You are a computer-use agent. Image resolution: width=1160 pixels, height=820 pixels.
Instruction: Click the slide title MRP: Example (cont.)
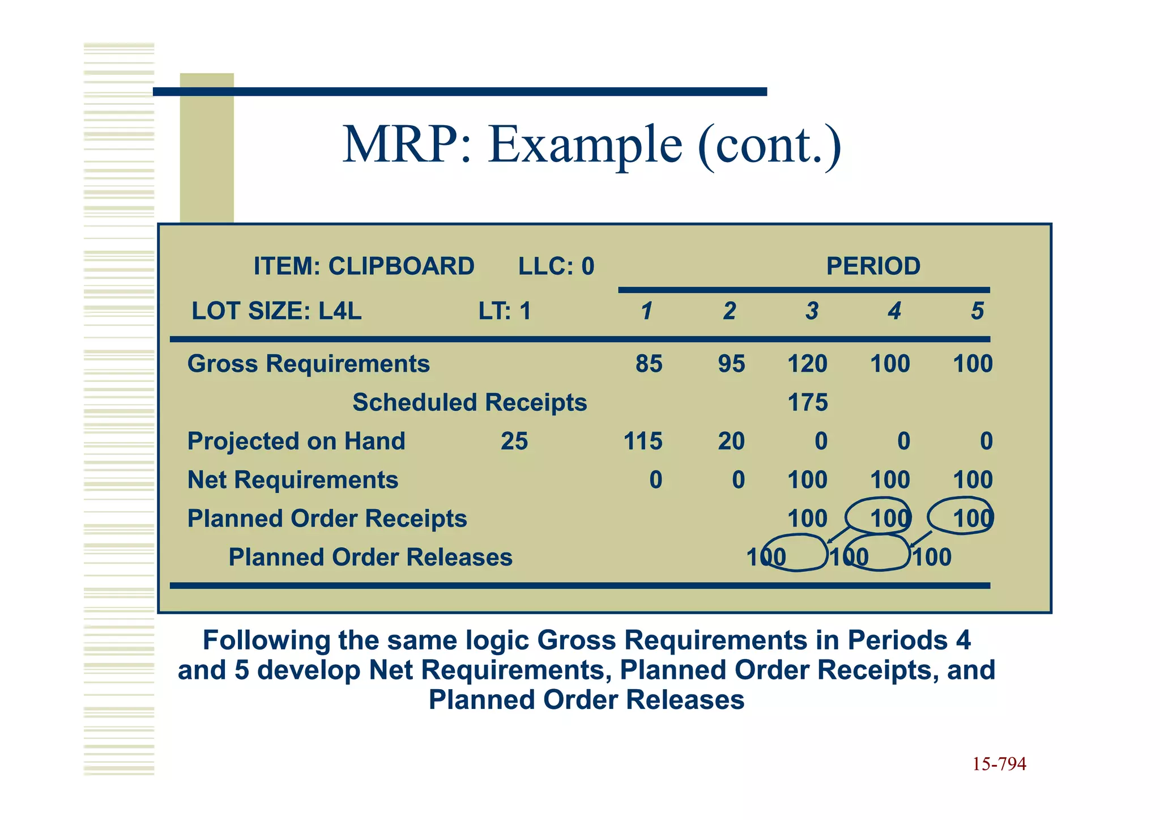tap(592, 145)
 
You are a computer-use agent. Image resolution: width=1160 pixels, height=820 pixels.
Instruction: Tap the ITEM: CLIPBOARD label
tap(364, 266)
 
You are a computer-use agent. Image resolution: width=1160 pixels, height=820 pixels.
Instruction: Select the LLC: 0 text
tap(556, 266)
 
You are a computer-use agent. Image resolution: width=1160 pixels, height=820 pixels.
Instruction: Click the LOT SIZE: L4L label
tap(276, 311)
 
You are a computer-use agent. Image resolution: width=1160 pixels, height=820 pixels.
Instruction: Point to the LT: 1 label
tap(505, 311)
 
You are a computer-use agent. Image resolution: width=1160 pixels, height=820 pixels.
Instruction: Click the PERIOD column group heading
tap(873, 266)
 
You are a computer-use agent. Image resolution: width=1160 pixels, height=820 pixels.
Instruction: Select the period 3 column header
tap(812, 311)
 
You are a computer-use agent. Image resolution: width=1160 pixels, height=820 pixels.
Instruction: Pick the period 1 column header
tap(646, 311)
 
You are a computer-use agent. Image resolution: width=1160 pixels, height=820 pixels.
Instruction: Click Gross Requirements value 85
tap(649, 364)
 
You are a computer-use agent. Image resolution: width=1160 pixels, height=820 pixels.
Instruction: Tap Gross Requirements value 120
tap(807, 364)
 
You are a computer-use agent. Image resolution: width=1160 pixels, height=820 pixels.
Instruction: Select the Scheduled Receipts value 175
tap(808, 402)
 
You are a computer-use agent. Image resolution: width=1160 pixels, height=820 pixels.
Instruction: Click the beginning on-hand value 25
tap(514, 441)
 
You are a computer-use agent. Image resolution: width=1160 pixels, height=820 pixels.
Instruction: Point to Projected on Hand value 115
tap(643, 441)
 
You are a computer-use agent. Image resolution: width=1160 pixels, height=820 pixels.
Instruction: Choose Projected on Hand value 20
tap(731, 441)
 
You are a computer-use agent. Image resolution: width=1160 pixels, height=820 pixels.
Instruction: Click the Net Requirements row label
tap(293, 480)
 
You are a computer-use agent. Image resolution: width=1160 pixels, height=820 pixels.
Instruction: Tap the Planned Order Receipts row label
tap(327, 519)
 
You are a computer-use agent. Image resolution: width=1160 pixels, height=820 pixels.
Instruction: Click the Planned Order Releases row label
tap(370, 557)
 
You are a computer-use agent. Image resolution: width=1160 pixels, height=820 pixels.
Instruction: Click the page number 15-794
tap(999, 764)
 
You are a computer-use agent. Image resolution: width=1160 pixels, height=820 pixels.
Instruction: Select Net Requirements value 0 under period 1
tap(655, 480)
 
